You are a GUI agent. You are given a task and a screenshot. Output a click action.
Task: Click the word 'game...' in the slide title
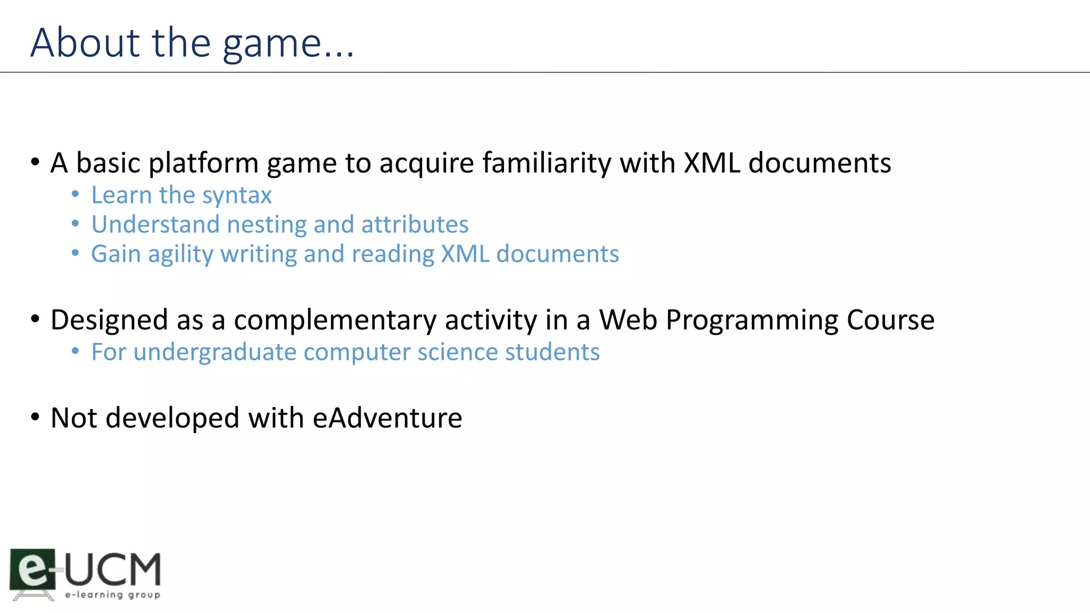[x=288, y=44]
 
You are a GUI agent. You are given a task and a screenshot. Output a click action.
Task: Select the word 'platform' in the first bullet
[x=203, y=163]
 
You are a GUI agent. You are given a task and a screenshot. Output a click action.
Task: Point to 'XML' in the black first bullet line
[x=712, y=163]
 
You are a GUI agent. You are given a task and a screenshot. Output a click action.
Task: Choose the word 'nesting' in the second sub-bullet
[x=267, y=225]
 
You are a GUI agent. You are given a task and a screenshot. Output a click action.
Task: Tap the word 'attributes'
[x=415, y=225]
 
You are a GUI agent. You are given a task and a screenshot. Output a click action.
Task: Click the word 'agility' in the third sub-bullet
[x=180, y=255]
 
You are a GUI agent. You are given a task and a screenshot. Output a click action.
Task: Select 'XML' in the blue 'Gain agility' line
[x=465, y=254]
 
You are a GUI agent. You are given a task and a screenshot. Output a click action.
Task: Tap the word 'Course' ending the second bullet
[x=890, y=320]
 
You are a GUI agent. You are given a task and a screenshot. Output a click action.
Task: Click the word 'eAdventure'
[x=387, y=418]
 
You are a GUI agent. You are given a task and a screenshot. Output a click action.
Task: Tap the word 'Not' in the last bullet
[x=74, y=418]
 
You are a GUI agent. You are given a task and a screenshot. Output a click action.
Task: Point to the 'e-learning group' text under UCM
[x=112, y=594]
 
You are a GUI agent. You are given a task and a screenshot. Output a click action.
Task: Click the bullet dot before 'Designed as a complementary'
[x=35, y=319]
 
